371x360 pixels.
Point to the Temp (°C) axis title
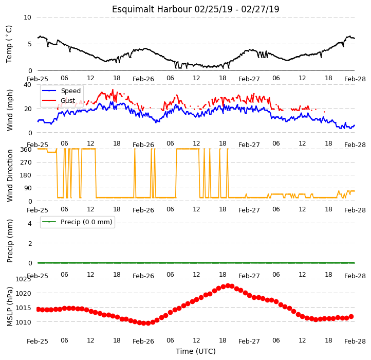tap(9, 44)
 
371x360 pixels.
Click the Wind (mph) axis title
tap(9, 110)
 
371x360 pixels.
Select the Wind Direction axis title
tap(9, 175)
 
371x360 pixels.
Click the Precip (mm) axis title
tap(9, 241)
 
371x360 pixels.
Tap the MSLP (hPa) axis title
tap(9, 307)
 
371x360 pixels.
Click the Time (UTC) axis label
tap(196, 351)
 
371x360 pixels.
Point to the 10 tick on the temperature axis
tap(27, 17)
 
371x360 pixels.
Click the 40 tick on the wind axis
tap(27, 84)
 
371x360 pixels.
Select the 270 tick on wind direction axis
tap(26, 163)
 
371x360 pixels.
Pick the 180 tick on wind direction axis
tap(26, 175)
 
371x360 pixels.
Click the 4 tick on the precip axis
tap(30, 223)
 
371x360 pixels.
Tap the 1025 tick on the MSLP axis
tap(23, 279)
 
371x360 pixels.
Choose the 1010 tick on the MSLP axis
tap(23, 322)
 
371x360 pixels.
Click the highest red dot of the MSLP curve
tap(228, 285)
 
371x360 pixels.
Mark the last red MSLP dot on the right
tap(351, 316)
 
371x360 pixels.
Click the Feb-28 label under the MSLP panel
tap(355, 341)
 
